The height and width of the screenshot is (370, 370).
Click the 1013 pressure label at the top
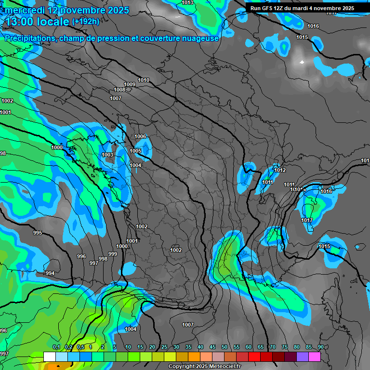click(187, 3)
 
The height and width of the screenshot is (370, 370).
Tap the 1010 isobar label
click(144, 80)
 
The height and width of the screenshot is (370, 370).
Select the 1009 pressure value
click(130, 85)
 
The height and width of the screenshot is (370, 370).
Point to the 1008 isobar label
click(119, 90)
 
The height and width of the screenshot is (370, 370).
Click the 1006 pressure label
click(140, 137)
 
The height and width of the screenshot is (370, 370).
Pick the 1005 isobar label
click(135, 151)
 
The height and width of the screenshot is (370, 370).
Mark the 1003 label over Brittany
click(108, 155)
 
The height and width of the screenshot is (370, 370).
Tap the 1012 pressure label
click(280, 171)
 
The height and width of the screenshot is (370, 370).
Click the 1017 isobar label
click(307, 221)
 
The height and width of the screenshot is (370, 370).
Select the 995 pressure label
click(38, 233)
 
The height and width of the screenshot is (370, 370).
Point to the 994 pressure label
click(50, 274)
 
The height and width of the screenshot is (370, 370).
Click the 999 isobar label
click(113, 254)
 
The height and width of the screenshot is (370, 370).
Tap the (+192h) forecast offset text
click(85, 22)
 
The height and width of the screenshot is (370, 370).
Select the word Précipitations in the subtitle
click(29, 38)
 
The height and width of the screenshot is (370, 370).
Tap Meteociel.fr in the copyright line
click(223, 367)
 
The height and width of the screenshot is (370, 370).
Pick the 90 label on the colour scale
click(320, 347)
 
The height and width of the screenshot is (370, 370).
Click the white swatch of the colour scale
click(49, 357)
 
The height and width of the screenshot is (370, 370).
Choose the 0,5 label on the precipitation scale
click(80, 347)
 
